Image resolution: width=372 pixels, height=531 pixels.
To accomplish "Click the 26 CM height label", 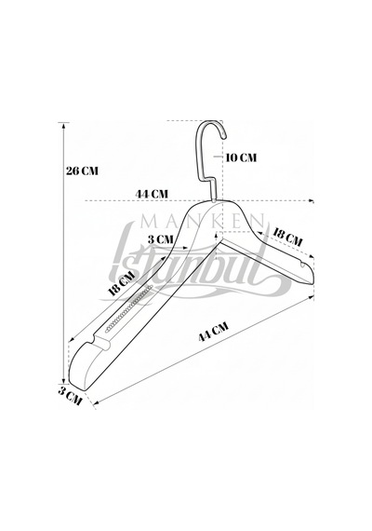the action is tap(82, 170).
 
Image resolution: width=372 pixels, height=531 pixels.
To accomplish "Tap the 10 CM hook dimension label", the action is tap(241, 157).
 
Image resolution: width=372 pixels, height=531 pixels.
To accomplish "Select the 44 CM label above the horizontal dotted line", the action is tap(152, 194).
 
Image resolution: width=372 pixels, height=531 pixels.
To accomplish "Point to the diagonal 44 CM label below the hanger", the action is tap(213, 332).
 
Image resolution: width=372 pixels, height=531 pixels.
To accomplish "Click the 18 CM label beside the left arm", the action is tap(122, 284).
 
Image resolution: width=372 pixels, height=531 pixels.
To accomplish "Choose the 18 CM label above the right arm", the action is tap(287, 238).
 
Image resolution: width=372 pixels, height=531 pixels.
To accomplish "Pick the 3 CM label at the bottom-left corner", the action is tap(71, 396).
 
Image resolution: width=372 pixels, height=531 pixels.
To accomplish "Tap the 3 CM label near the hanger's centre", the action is tap(160, 239).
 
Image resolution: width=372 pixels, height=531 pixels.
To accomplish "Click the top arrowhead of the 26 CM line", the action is tap(63, 124).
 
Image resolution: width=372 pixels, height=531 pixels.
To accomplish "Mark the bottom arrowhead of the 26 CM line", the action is tap(63, 382).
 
